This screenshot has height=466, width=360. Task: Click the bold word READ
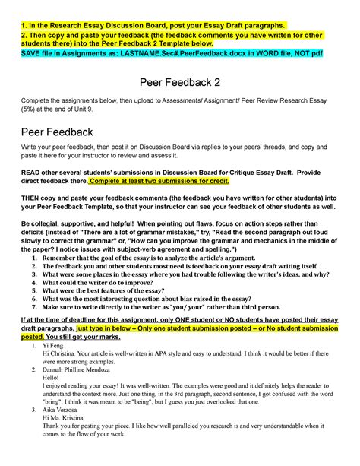[32, 172]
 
